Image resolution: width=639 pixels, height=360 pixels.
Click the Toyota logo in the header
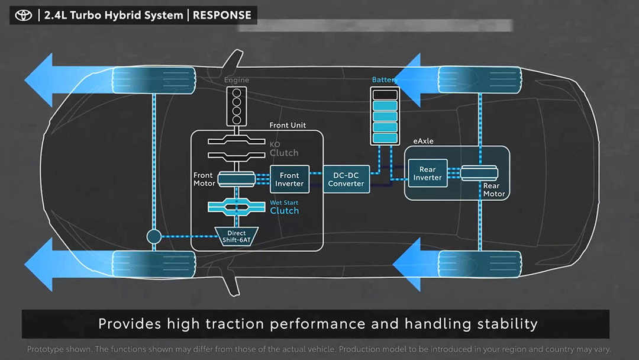point(24,15)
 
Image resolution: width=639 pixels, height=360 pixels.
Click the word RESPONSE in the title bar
point(222,15)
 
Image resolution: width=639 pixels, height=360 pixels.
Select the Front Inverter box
point(289,179)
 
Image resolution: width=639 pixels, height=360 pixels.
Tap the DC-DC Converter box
point(346,179)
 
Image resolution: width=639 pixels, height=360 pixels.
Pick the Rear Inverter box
point(427,173)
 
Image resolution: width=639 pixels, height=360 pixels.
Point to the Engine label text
point(236,80)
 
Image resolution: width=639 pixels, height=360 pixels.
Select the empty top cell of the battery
point(385,95)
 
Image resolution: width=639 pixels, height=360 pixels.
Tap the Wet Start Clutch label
point(285,207)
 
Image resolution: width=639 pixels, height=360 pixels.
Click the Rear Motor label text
point(494,189)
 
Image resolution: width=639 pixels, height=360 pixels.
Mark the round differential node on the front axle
point(154,237)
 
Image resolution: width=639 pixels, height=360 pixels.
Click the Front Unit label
point(288,126)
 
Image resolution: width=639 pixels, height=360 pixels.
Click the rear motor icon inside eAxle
point(480,173)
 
